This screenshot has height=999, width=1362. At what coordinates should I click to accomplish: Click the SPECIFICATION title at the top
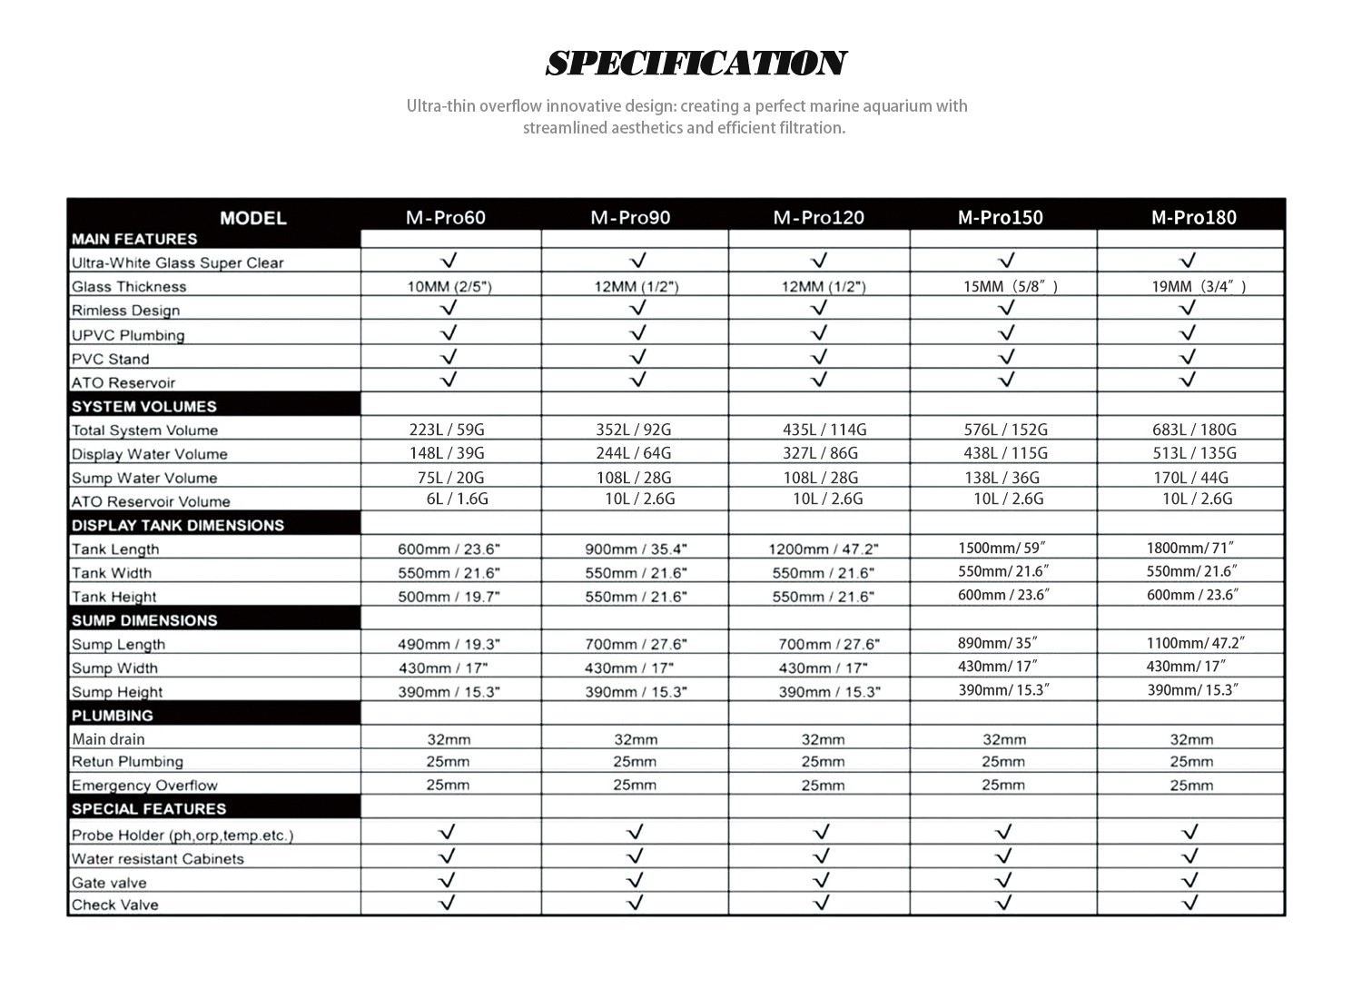tap(696, 64)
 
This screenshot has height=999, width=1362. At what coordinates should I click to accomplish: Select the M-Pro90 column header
tap(630, 218)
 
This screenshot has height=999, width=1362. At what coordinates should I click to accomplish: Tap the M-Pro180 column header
tap(1193, 218)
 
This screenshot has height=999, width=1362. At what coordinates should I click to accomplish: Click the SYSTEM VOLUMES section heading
tap(144, 406)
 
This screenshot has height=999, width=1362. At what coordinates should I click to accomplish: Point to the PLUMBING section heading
tap(113, 715)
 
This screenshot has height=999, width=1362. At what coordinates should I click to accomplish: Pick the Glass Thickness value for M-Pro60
tap(449, 287)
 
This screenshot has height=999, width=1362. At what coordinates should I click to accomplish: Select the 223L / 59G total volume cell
tap(447, 430)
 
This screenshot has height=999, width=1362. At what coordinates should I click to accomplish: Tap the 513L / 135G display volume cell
tap(1194, 453)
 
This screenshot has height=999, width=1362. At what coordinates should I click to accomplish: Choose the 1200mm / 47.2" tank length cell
tap(824, 549)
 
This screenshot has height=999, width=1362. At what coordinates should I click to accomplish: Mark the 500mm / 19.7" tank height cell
tap(449, 597)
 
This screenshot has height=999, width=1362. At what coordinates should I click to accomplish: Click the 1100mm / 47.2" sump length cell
tap(1195, 643)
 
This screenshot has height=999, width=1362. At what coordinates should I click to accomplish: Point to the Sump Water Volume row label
tap(144, 478)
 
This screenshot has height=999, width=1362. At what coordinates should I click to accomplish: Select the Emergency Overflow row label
tap(144, 786)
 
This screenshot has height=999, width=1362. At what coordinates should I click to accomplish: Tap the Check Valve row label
tap(114, 905)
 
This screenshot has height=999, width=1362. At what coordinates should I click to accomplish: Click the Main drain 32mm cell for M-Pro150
tap(1004, 739)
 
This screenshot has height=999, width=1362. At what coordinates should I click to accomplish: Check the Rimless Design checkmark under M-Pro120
tap(819, 309)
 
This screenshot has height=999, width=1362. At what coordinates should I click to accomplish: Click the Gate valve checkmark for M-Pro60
tap(447, 880)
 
